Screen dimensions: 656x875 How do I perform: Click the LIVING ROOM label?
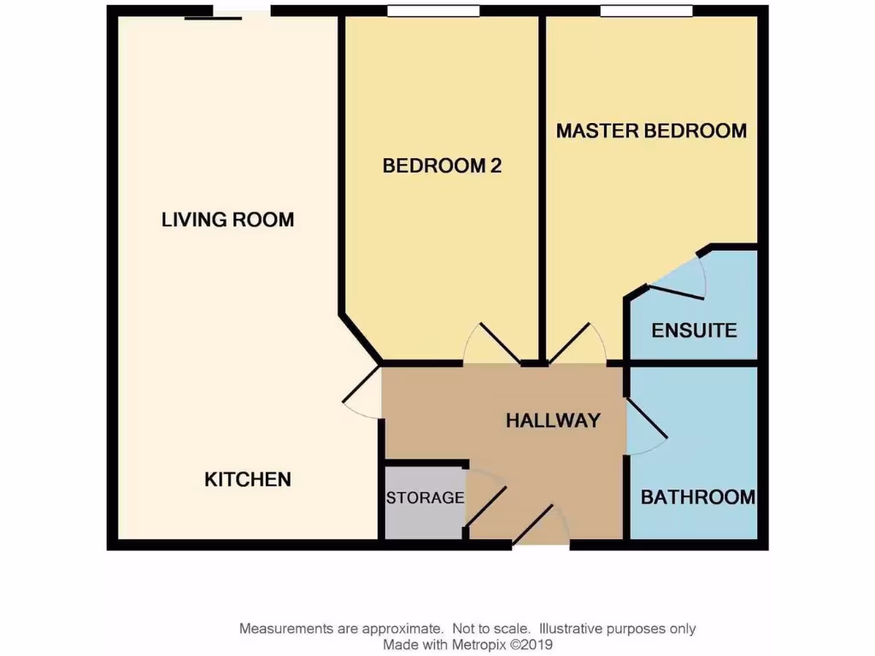227,220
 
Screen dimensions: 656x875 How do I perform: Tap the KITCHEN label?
248,479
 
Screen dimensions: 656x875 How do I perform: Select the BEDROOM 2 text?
442,166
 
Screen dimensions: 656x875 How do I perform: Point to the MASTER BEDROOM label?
651,131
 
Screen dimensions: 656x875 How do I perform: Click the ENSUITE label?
694,330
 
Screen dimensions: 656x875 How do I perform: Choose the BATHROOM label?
698,496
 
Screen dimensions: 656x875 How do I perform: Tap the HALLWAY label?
553,420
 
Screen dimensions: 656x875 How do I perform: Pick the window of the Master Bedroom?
646,11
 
